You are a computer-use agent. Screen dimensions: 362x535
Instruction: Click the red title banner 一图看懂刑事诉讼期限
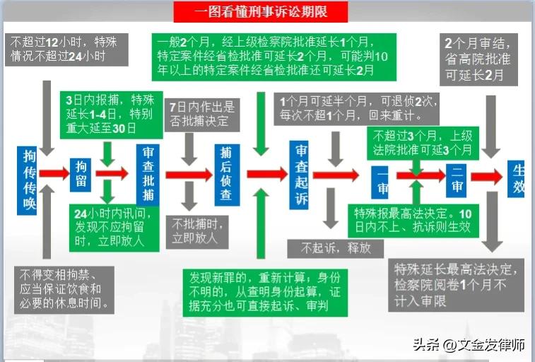coord(250,11)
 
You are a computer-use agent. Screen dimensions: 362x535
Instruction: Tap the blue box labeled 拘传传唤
coord(28,180)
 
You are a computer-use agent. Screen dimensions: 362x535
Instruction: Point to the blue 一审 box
coord(382,180)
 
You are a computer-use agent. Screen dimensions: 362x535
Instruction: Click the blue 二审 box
coord(456,180)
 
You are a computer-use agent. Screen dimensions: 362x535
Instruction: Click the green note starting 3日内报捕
coord(99,114)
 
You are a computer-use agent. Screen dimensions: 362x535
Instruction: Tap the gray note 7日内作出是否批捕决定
coord(202,114)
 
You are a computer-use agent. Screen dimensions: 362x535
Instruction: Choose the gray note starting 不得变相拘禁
coord(63,288)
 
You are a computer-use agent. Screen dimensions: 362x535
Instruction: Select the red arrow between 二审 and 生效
coord(487,177)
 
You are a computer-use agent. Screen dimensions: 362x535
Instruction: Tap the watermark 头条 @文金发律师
coord(469,345)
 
